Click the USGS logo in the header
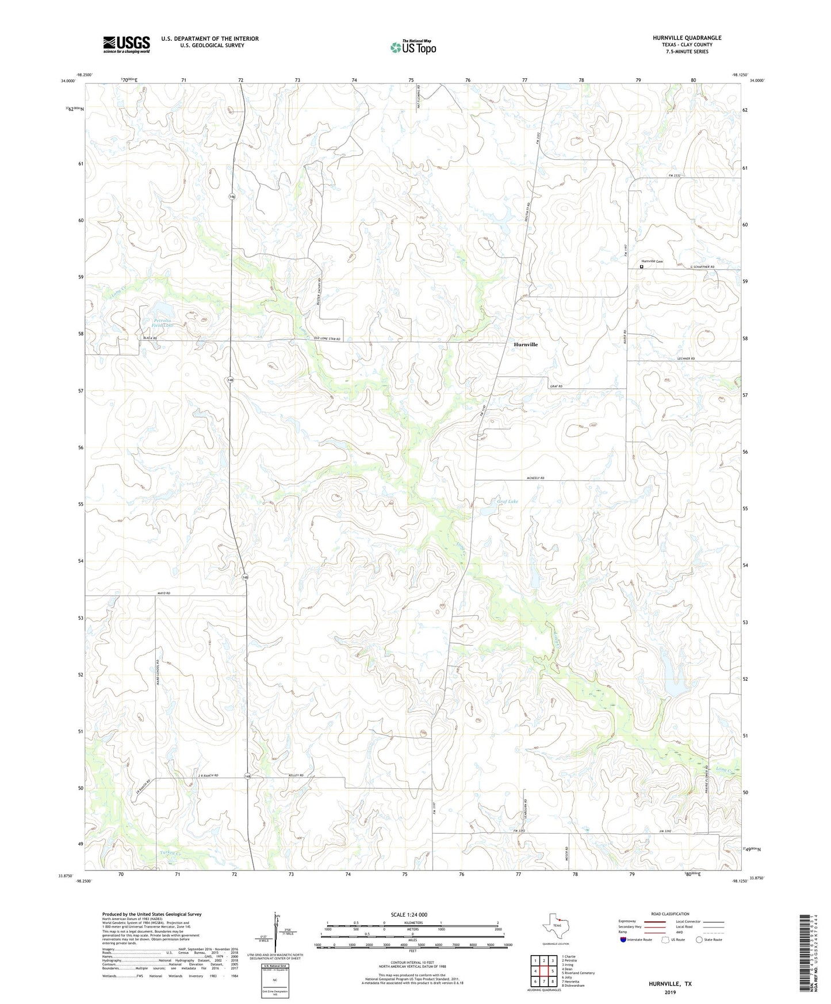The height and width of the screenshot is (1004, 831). [126, 44]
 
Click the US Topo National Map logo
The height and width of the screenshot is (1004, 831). [413, 47]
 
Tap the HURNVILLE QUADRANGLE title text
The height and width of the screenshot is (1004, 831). [687, 38]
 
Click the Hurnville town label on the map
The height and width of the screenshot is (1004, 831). [526, 344]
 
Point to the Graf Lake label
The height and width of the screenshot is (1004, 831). [507, 501]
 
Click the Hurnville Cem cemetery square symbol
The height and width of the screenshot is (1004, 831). [642, 266]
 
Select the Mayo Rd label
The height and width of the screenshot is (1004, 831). [164, 593]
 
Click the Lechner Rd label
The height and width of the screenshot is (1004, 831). [686, 358]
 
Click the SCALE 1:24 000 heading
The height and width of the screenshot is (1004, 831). [409, 915]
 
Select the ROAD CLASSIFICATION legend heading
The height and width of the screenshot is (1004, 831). [670, 914]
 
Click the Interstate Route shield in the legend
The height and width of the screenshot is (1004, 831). [624, 940]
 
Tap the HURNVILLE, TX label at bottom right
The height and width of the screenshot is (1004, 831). [670, 984]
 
